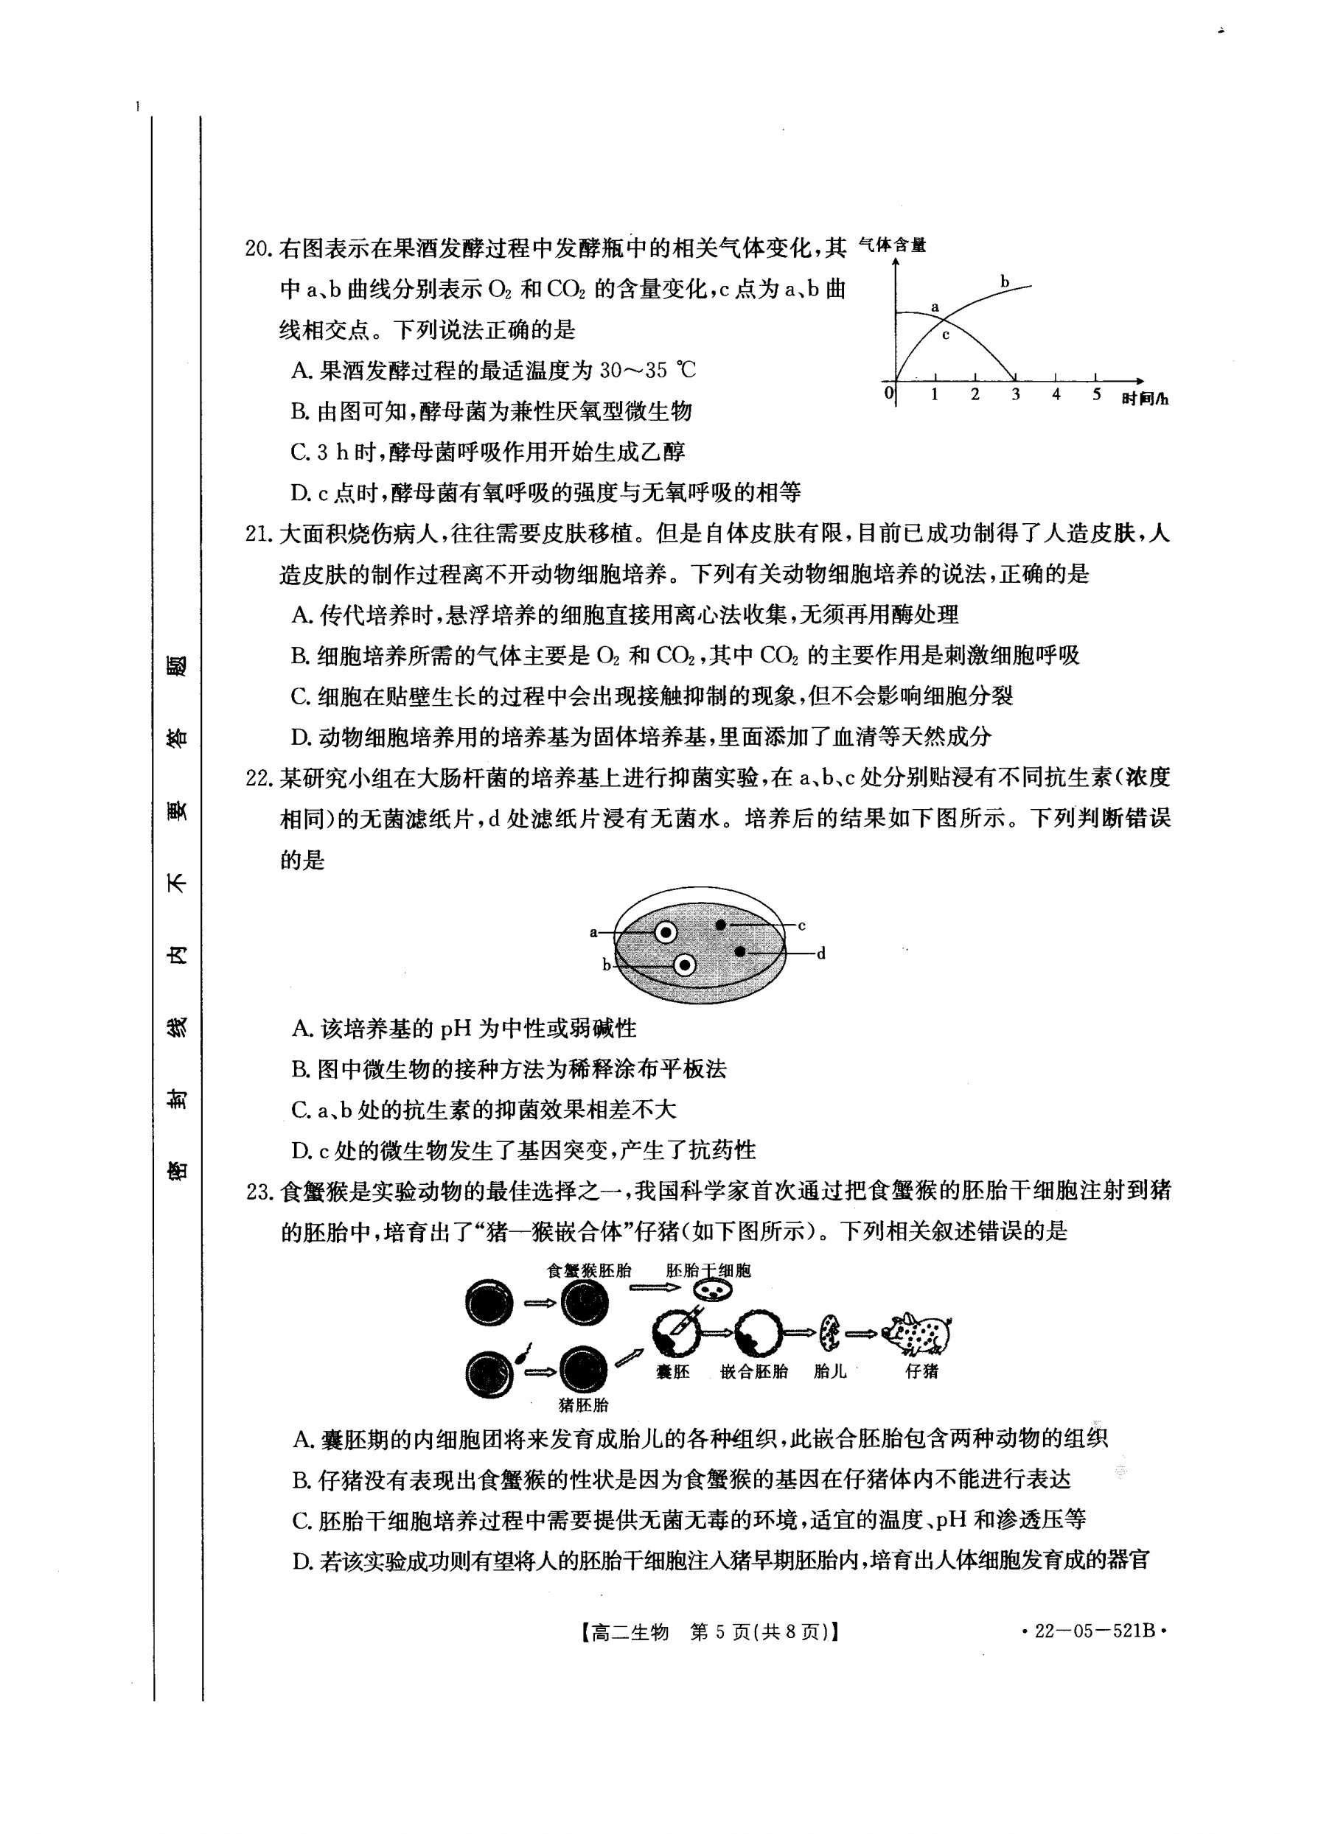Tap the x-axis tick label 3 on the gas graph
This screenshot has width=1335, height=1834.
(1014, 395)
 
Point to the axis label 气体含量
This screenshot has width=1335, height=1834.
(893, 245)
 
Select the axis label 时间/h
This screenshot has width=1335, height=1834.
(1145, 399)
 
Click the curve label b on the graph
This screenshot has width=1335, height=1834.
(1005, 282)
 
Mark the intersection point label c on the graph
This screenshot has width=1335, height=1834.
(945, 334)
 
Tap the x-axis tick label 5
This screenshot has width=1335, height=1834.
(1096, 395)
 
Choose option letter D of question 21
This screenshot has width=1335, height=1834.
(301, 737)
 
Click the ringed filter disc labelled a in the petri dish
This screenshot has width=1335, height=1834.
(665, 933)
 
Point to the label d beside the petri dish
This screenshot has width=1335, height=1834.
(820, 954)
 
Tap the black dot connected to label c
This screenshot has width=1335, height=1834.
(720, 924)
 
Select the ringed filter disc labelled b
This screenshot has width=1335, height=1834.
(685, 965)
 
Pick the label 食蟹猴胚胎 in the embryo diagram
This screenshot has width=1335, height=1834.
(589, 1270)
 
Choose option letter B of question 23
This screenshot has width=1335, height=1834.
(301, 1480)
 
